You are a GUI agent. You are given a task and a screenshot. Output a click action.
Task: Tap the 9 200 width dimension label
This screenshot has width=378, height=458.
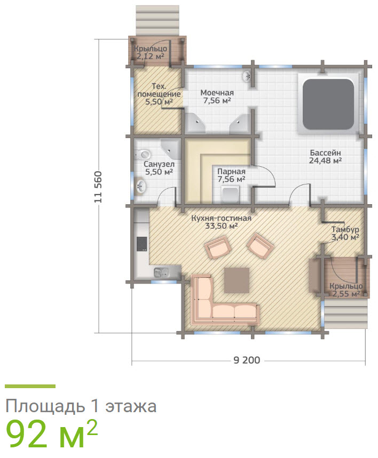pyautogui.click(x=247, y=360)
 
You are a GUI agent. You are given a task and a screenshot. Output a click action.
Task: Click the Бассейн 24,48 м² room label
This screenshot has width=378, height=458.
pyautogui.click(x=325, y=156)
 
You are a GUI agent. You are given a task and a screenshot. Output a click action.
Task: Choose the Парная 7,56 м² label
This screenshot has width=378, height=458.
pyautogui.click(x=231, y=175)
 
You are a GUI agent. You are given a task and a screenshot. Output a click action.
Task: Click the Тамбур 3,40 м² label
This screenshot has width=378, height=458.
pyautogui.click(x=344, y=233)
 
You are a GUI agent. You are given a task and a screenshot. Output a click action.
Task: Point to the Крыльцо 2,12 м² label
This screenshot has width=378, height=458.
pyautogui.click(x=151, y=52)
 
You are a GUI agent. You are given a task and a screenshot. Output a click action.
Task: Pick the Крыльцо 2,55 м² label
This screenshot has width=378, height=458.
pyautogui.click(x=345, y=290)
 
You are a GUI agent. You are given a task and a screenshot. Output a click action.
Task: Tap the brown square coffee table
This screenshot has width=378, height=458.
pyautogui.click(x=237, y=280)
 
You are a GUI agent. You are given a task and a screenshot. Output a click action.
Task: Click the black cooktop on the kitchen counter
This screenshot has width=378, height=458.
pyautogui.click(x=142, y=244)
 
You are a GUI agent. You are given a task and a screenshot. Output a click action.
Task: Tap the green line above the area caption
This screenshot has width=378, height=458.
pyautogui.click(x=30, y=386)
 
